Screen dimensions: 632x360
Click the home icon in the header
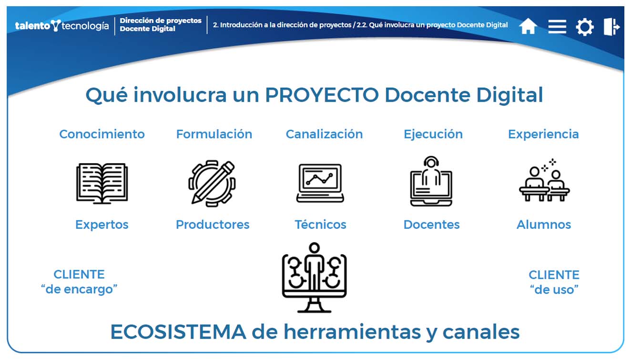click(x=528, y=26)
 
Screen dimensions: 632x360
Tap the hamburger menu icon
click(x=557, y=27)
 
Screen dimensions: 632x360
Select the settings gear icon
click(x=585, y=27)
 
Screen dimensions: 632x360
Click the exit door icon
click(x=612, y=27)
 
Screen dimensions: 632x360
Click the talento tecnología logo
click(x=62, y=26)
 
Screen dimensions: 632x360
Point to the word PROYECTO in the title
click(x=322, y=95)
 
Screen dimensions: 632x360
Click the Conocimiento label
click(x=102, y=134)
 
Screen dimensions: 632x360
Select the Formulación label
click(x=214, y=134)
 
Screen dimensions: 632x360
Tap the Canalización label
click(x=324, y=134)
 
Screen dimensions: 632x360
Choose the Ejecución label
click(x=433, y=134)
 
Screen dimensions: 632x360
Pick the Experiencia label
click(x=543, y=134)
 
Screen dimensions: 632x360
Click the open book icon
click(x=102, y=183)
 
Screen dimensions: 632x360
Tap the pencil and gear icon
click(x=212, y=183)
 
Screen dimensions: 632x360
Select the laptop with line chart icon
click(x=320, y=183)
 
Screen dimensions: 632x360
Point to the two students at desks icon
click(x=544, y=180)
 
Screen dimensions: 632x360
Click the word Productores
click(x=213, y=225)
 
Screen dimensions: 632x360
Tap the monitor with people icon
click(x=314, y=278)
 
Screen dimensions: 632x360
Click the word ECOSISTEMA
click(x=178, y=332)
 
